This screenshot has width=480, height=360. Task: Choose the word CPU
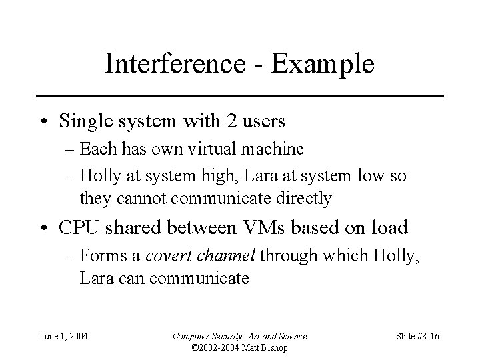79,227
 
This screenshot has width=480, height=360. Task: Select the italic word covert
166,255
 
